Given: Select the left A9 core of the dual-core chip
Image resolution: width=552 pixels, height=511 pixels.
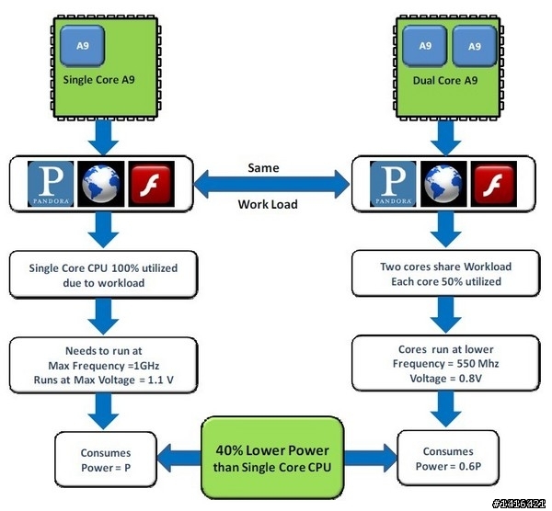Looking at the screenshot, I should (424, 46).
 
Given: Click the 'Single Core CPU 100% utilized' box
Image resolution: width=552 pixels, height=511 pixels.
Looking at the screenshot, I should (104, 274).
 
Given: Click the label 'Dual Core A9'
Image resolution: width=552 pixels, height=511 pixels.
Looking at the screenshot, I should (445, 80).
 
